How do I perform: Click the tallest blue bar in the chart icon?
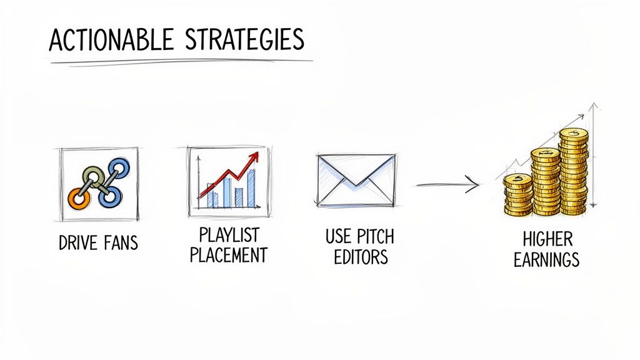251,187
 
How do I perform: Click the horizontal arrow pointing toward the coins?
447,184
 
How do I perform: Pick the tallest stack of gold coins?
573,172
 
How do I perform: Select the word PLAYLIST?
229,236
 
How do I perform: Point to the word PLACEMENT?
229,256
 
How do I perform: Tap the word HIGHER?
547,239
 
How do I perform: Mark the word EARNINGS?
547,259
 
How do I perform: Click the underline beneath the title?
181,61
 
